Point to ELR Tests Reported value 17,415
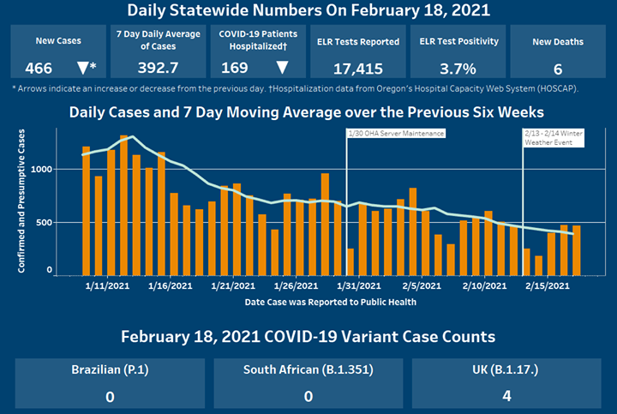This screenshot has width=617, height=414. point(357,67)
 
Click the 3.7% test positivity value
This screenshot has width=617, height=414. point(453,67)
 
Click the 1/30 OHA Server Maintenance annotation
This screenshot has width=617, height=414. point(397,134)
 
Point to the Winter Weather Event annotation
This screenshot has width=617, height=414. point(553,138)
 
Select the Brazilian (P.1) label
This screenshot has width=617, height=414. point(110,370)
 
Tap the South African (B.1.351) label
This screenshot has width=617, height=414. point(308,370)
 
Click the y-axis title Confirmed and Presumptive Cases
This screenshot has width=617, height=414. point(21,202)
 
